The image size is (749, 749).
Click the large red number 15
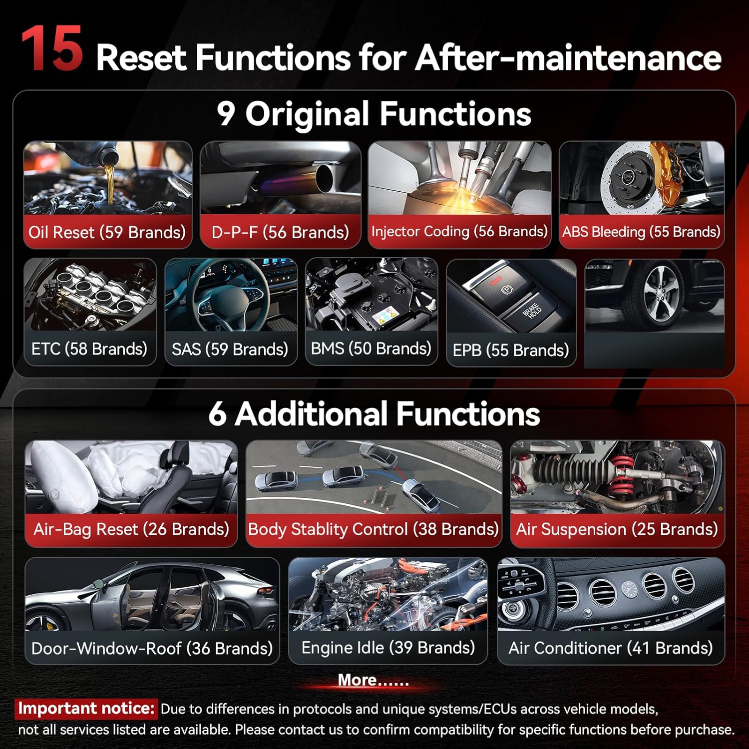point(51,48)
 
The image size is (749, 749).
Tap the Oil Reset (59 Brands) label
point(107,232)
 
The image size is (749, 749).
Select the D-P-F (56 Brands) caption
point(280,232)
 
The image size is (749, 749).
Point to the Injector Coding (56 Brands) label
point(459,231)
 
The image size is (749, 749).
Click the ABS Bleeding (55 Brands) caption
point(641,232)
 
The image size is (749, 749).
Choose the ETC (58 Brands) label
point(89,349)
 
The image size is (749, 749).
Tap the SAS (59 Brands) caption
point(230,349)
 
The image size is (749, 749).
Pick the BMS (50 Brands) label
point(371,348)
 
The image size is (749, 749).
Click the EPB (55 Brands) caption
point(511,350)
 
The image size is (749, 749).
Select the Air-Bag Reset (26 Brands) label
point(131,529)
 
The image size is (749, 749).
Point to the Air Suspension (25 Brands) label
point(617,529)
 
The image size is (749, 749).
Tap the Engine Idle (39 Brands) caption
point(388,648)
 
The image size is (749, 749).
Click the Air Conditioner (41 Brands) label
point(611,648)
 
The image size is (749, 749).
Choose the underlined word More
point(357,680)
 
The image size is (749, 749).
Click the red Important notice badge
point(86,709)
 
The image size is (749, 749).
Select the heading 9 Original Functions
point(374,114)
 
